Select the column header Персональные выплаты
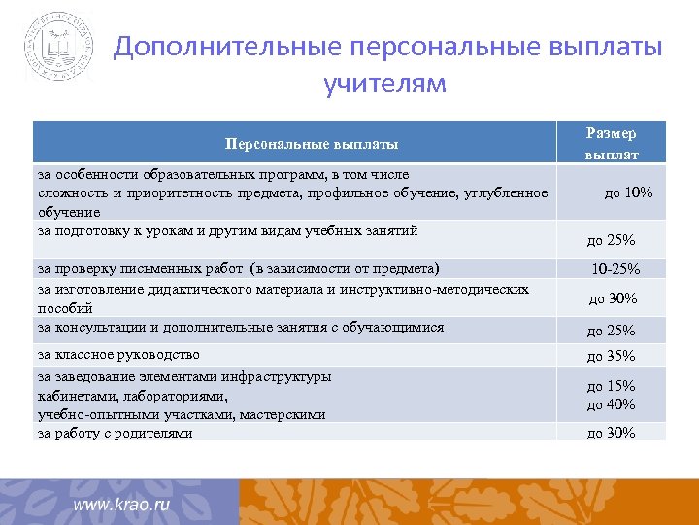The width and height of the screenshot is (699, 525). (x=312, y=144)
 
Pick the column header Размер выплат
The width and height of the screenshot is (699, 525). (x=612, y=143)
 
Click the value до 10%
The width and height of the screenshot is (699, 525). (x=628, y=192)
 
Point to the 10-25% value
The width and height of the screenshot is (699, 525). (x=616, y=269)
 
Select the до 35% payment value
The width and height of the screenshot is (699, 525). (x=611, y=356)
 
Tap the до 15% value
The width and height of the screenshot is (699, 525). (x=611, y=386)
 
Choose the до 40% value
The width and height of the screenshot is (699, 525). (x=611, y=404)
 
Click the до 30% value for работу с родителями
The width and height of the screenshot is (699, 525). (x=611, y=434)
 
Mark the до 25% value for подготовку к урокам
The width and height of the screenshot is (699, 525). (x=611, y=240)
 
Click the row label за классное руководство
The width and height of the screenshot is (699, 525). (x=118, y=354)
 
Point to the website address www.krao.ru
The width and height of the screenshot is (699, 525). (x=122, y=506)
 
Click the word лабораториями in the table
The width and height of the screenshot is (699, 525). (x=176, y=396)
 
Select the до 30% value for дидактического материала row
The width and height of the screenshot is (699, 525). (x=613, y=298)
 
